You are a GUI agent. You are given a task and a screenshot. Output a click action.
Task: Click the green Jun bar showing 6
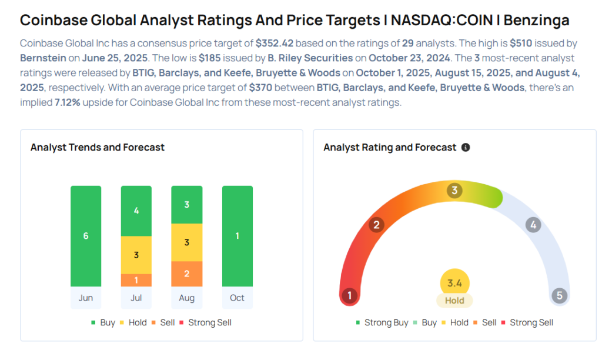[x=86, y=236]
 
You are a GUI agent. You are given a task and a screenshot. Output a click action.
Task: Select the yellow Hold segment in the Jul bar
[x=136, y=255]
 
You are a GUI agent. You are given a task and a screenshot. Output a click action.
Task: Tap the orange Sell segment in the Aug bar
[x=186, y=274]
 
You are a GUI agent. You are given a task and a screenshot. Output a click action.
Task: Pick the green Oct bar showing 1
[x=237, y=236]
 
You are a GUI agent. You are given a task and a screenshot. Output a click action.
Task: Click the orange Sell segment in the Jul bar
[x=136, y=280]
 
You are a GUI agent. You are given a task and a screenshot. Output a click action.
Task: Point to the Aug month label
[x=186, y=298]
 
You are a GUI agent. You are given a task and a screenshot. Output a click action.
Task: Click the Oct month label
[x=237, y=298]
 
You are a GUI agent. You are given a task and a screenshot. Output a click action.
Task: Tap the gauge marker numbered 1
[x=350, y=295]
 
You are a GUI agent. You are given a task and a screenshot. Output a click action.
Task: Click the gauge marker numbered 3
[x=454, y=191]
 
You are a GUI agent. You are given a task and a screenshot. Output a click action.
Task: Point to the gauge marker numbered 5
[x=559, y=295]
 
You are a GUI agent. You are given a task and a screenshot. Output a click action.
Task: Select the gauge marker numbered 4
[x=533, y=225]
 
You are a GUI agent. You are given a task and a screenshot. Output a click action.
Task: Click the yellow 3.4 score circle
[x=454, y=284]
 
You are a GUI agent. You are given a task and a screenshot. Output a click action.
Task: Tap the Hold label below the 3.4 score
[x=454, y=301]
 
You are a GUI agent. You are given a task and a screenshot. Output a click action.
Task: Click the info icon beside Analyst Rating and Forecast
[x=466, y=148]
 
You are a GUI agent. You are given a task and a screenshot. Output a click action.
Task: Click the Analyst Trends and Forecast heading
[x=98, y=148]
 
